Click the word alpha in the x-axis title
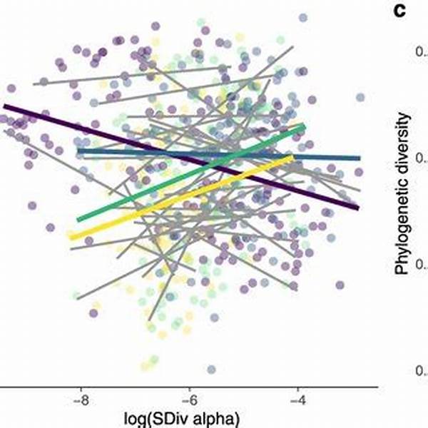click(x=214, y=417)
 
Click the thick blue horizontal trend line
click(x=214, y=155)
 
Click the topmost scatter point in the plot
click(x=303, y=16)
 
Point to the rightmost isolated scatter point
click(x=360, y=97)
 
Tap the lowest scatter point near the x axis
click(x=211, y=369)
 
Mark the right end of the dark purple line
click(x=357, y=208)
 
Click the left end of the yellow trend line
click(x=71, y=235)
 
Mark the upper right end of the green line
click(x=304, y=127)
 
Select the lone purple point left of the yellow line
click(x=50, y=228)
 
